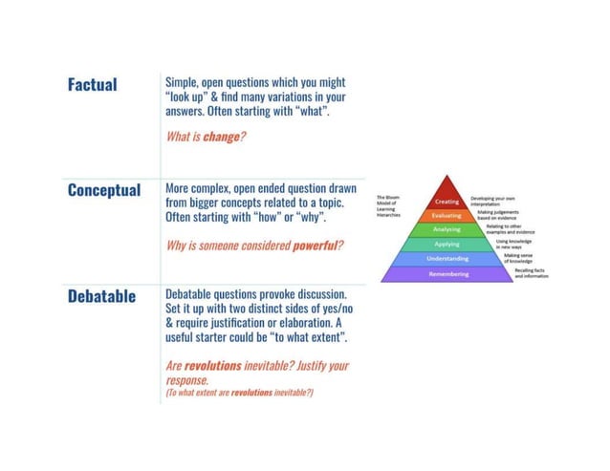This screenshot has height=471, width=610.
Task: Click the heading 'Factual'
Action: click(92, 85)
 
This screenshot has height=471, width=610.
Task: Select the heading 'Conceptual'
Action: click(104, 190)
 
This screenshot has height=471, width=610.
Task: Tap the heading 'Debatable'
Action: click(100, 295)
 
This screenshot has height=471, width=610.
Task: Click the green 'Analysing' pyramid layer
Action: click(447, 230)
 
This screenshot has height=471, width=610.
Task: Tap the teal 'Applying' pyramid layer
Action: click(447, 245)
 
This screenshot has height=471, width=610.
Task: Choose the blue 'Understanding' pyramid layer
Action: click(447, 259)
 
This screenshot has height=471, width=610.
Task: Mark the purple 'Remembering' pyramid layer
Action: click(447, 274)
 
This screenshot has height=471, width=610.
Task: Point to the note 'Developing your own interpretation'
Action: click(493, 199)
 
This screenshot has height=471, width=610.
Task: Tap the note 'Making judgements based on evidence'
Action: click(503, 214)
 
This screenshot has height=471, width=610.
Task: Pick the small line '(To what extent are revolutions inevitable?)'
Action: click(240, 393)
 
